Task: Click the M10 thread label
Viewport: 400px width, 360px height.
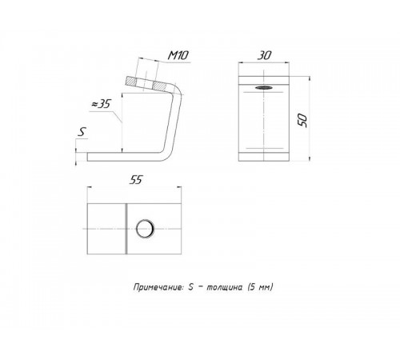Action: [x=178, y=55]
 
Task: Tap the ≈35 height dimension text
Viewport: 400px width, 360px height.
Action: [x=101, y=104]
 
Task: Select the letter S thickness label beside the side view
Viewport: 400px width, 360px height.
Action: [x=82, y=132]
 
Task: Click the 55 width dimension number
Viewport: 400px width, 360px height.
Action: [x=136, y=180]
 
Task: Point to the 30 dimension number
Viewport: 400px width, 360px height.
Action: [x=264, y=55]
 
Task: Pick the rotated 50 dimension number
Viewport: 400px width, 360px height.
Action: [x=302, y=120]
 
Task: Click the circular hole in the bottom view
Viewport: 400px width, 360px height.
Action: [x=145, y=229]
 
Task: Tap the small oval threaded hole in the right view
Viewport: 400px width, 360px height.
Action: [x=263, y=87]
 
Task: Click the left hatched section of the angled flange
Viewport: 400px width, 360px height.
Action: [x=130, y=82]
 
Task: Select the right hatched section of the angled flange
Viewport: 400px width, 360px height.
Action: [x=159, y=86]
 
